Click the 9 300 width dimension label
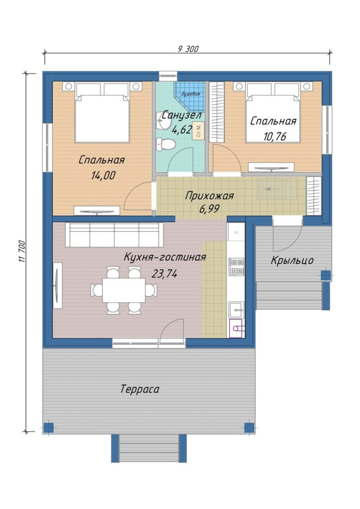(x=188, y=49)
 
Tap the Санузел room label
(x=181, y=115)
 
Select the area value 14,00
(x=103, y=175)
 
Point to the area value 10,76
(x=274, y=136)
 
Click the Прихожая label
(x=209, y=196)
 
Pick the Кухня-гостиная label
(x=165, y=257)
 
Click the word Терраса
(x=140, y=389)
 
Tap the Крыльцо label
(x=292, y=260)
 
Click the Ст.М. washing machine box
(x=198, y=131)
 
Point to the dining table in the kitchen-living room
(x=124, y=290)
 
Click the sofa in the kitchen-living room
(x=114, y=235)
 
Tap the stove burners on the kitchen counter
(x=236, y=266)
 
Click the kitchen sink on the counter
(x=237, y=310)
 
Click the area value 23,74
(x=165, y=274)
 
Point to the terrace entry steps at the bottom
(x=149, y=448)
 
